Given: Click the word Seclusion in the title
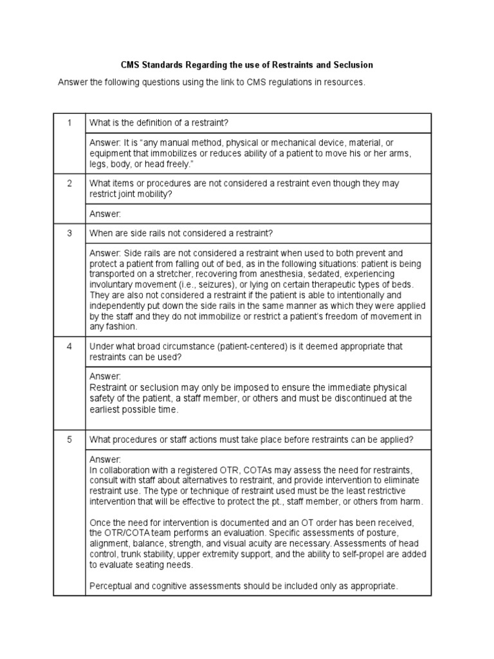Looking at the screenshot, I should (352, 66).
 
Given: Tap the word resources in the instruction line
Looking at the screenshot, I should (344, 82).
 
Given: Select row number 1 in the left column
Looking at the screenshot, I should (69, 122).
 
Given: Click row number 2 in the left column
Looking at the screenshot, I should (69, 183).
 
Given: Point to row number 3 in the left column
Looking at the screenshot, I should (69, 233).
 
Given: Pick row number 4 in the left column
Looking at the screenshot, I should (69, 346).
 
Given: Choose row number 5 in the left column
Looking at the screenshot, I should (69, 440).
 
